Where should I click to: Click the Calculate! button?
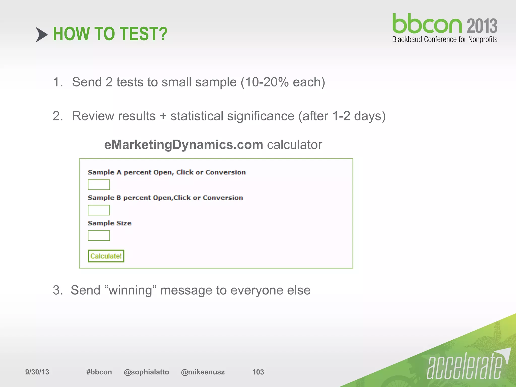click(x=106, y=256)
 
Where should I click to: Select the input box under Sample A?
click(x=99, y=185)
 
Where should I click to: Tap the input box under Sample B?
click(x=99, y=210)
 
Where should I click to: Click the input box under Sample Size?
click(x=99, y=236)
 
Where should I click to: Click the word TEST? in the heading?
click(x=143, y=34)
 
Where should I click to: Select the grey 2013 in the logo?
click(x=482, y=26)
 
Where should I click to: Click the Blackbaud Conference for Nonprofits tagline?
click(x=445, y=40)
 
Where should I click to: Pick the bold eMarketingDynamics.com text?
click(x=184, y=145)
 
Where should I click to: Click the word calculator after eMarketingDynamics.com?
click(x=294, y=145)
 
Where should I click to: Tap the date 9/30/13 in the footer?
click(x=37, y=372)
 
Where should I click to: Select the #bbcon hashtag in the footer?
click(x=99, y=372)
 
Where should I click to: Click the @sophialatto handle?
click(x=146, y=372)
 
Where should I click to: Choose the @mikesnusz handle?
click(x=203, y=372)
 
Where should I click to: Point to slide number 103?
click(x=258, y=372)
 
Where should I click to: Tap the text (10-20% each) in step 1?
click(x=283, y=82)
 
